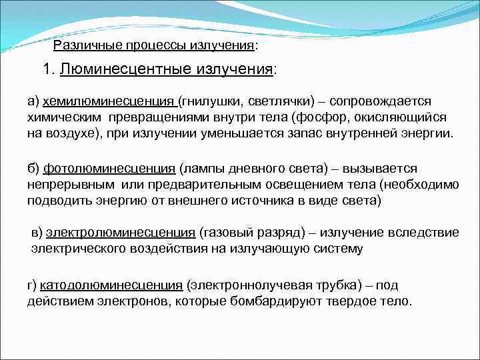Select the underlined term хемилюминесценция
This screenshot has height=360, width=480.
109,101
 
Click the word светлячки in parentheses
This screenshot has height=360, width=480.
281,101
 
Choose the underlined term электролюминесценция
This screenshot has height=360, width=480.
120,232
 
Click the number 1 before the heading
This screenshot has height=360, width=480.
45,69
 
